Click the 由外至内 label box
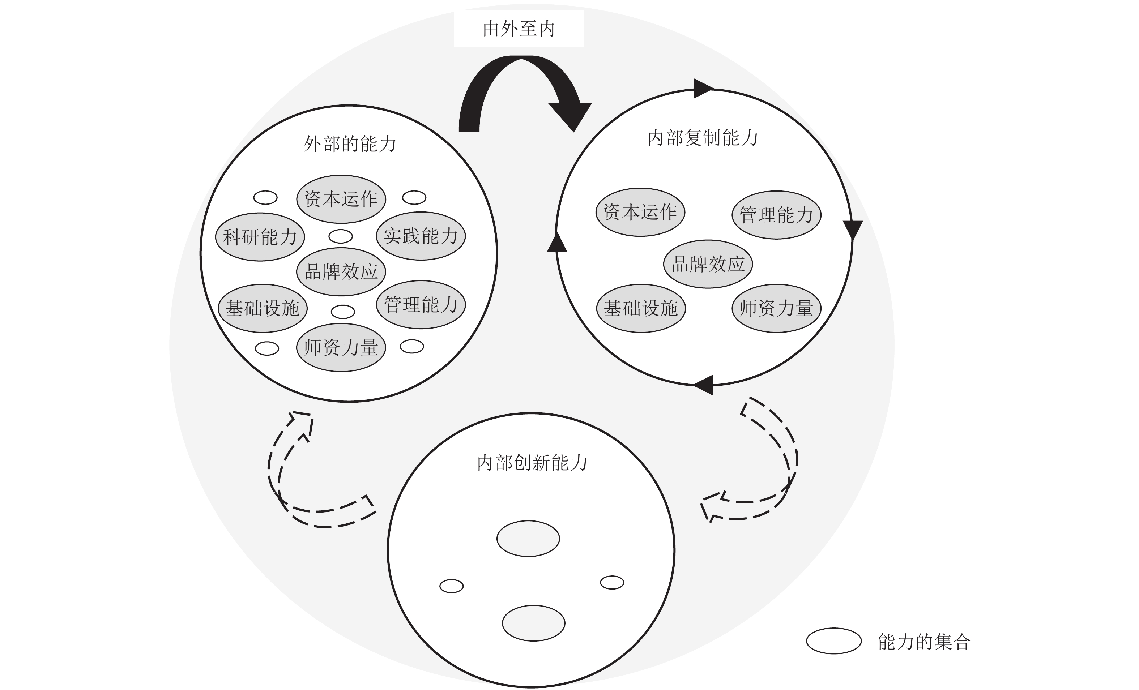[x=519, y=29]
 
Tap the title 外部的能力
[x=350, y=144]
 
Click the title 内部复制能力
[x=703, y=138]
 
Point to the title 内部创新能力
[x=532, y=463]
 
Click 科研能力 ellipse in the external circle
[x=260, y=237]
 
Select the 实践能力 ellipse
[x=421, y=236]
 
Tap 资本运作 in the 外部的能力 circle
[x=341, y=199]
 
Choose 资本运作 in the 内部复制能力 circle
[x=640, y=212]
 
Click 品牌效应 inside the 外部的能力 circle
[x=341, y=272]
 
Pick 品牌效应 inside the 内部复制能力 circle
[x=708, y=264]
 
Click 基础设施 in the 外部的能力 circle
[x=263, y=308]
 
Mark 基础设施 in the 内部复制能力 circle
[x=641, y=308]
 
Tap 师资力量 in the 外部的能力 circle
[x=341, y=348]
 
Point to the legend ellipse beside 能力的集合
[x=834, y=641]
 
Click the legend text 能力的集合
[x=924, y=642]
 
